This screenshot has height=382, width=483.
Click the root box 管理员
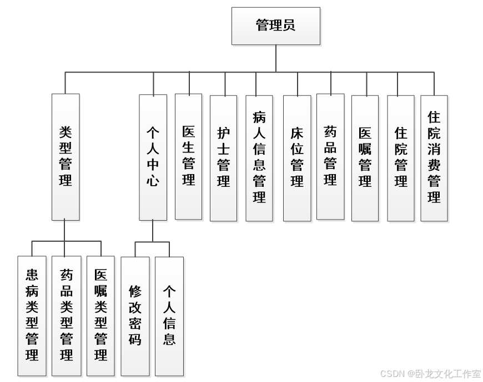pos(275,26)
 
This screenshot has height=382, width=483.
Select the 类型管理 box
pos(66,157)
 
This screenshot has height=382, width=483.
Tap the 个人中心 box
pos(153,157)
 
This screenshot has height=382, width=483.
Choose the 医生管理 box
pos(188,156)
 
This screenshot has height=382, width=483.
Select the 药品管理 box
pos(330,156)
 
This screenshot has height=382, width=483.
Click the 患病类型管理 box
pos(32,316)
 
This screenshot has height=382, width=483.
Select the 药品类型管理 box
pos(66,316)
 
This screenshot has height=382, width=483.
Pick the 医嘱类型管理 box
pos(100,316)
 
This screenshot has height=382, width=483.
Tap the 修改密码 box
pos(135,316)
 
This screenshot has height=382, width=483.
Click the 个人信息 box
pos(169,316)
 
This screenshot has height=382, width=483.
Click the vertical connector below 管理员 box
pos(276,58)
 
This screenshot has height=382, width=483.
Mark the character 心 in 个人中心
pos(153,181)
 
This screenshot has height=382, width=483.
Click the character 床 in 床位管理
pos(297,134)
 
